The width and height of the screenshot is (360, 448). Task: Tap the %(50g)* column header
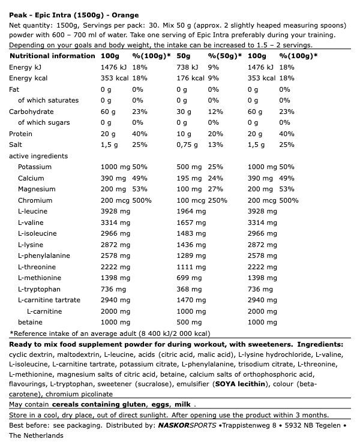225,56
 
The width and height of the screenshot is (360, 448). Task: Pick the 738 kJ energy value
187,67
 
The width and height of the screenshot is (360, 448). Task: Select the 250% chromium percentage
218,200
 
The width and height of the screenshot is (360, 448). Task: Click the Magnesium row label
36,189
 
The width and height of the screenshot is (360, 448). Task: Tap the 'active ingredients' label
38,156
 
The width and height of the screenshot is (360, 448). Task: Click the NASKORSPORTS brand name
187,425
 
